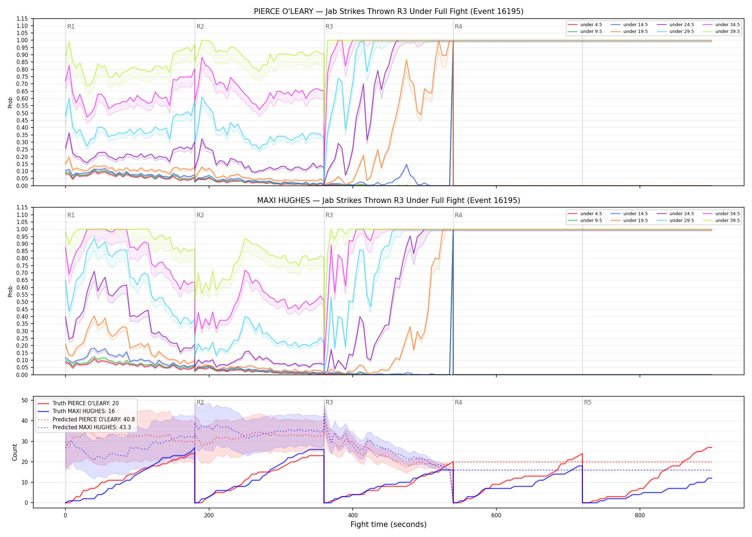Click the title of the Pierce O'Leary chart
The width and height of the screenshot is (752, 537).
389,11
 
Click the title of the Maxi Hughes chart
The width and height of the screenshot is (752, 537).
389,200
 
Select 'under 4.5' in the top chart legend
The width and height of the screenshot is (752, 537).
591,25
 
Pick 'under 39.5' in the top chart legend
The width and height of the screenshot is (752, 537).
728,32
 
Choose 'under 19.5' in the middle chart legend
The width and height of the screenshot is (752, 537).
636,221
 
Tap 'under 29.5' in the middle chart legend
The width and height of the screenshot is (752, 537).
682,221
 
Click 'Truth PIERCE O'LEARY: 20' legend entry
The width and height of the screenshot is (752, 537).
86,403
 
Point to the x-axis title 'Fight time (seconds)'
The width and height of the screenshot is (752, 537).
389,524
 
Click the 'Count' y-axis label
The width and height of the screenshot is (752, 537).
15,452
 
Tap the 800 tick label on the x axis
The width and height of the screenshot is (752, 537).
640,516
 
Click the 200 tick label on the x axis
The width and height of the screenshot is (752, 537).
209,516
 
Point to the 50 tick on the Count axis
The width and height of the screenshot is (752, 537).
25,400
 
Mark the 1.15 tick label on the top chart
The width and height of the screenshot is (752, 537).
22,19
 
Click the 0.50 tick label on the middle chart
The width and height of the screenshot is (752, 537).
22,302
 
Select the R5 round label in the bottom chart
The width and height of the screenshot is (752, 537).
588,402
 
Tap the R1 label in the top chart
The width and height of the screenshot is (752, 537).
71,26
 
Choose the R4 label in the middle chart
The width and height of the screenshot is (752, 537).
458,215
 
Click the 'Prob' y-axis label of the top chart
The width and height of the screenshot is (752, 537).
10,103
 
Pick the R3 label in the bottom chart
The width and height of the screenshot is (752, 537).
329,402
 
